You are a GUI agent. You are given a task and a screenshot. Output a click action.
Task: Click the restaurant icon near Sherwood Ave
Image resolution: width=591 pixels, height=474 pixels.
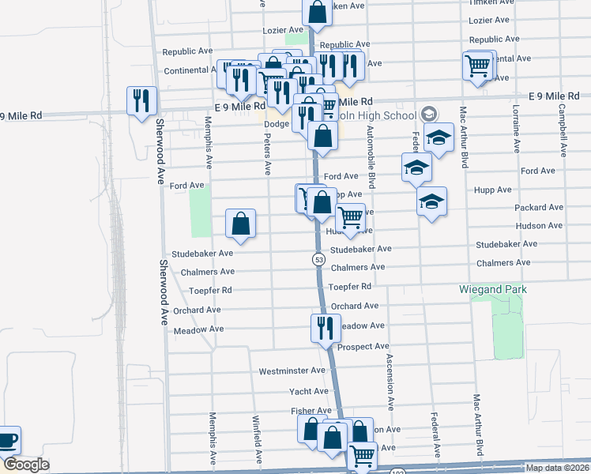click(142, 100)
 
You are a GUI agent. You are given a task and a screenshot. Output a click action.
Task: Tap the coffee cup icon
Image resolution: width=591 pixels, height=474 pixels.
click(7, 440)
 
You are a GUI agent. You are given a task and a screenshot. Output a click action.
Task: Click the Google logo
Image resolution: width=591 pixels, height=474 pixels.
click(26, 465)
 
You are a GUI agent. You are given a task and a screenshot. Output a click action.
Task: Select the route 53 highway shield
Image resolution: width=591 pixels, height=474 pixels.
click(318, 259)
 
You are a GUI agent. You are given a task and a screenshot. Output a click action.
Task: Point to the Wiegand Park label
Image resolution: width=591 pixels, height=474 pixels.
click(493, 290)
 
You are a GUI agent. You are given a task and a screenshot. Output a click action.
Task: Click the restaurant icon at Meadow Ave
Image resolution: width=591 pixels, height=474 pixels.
click(326, 328)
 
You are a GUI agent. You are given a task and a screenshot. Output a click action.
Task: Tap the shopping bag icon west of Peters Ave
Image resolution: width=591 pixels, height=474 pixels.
click(241, 224)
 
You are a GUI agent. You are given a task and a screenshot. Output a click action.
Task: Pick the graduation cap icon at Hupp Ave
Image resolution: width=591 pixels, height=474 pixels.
click(432, 201)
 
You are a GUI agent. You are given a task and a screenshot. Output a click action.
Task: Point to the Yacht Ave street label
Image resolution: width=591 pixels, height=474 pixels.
click(309, 391)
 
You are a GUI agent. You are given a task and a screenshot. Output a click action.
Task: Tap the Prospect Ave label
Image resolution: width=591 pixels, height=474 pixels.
click(363, 347)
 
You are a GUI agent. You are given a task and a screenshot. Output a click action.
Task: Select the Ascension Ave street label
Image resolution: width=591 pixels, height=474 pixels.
click(390, 381)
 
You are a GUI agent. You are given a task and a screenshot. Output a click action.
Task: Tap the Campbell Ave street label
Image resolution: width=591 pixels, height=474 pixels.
click(562, 128)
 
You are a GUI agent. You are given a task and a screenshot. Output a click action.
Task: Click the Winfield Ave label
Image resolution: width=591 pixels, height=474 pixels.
click(257, 440)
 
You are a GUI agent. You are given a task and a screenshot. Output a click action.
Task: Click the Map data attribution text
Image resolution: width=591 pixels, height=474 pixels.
click(556, 468)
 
